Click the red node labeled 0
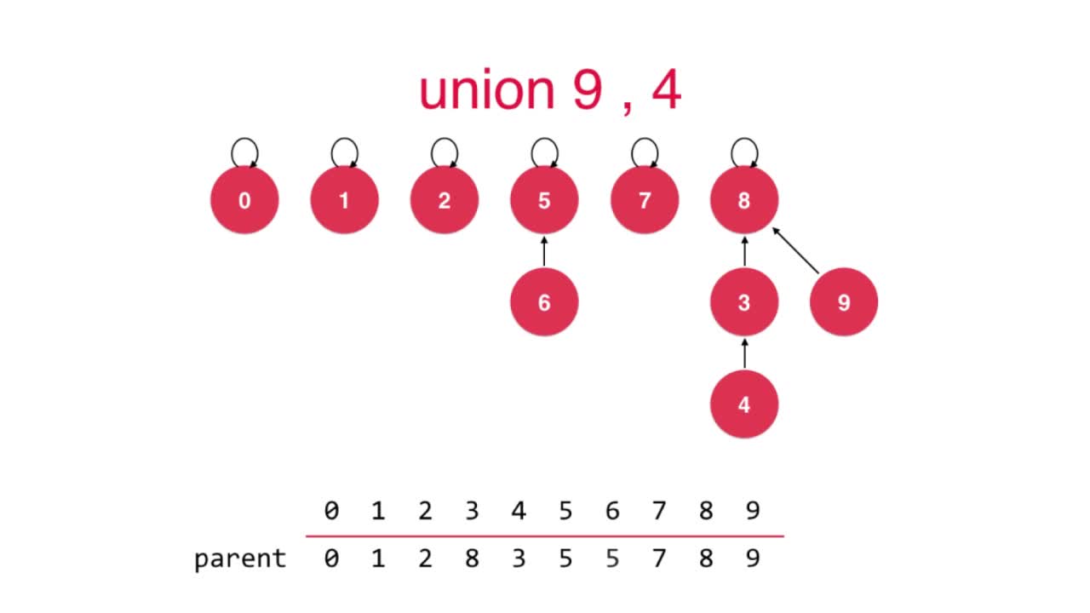coord(244,201)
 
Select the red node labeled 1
coord(344,201)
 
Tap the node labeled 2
coord(444,201)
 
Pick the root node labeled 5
coord(544,201)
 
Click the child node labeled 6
coord(544,302)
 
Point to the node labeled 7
coord(645,201)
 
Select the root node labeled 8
coord(744,201)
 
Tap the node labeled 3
coord(744,302)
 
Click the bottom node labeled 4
coord(744,404)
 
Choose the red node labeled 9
coord(844,302)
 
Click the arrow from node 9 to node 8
coord(795,250)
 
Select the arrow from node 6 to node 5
coord(544,252)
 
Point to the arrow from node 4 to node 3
coord(744,353)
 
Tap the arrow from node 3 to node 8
coord(744,252)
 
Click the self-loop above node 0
coord(244,152)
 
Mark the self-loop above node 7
coord(645,152)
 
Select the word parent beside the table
coord(240,559)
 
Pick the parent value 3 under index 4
coord(519,559)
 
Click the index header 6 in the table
coord(612,511)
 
